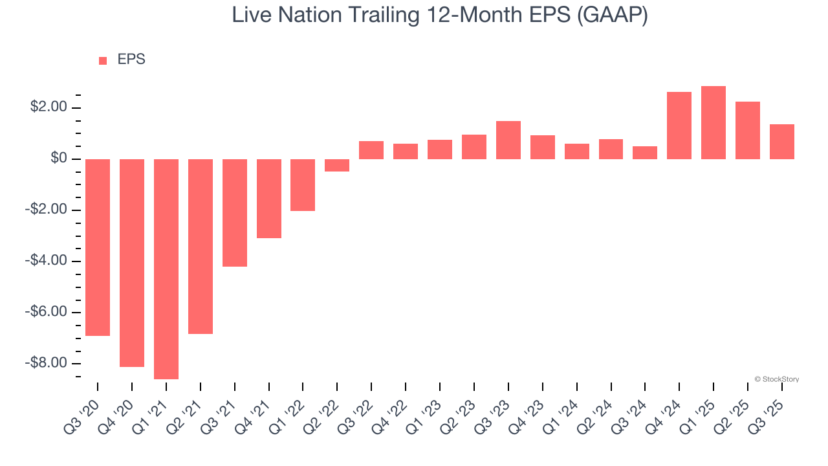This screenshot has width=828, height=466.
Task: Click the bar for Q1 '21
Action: [x=166, y=269]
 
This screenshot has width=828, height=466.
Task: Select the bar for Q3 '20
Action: [x=98, y=247]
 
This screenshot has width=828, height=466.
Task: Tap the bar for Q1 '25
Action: [x=714, y=122]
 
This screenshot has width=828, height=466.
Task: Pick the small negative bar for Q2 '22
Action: [x=337, y=165]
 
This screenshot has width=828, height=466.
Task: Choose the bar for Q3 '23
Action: [x=508, y=140]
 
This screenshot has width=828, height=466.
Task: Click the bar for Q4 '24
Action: [x=679, y=126]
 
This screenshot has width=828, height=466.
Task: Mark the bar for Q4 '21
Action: [x=269, y=199]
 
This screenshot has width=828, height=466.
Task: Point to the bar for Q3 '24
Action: [x=645, y=153]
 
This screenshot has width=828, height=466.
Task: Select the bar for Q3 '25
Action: [x=782, y=142]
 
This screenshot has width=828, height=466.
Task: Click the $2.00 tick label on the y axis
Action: [x=49, y=107]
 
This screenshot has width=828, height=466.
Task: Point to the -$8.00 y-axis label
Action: [x=47, y=363]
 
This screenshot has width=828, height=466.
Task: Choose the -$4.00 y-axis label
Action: [x=47, y=261]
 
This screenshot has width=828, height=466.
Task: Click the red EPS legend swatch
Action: [x=103, y=61]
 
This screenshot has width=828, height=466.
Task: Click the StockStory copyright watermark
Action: [x=777, y=379]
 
